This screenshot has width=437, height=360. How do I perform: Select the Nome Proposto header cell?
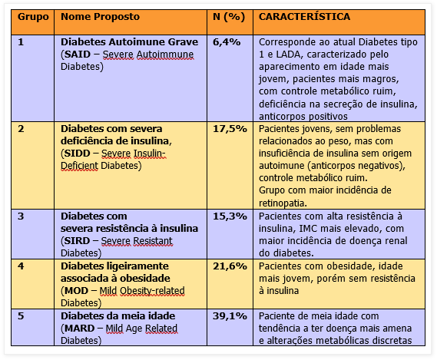pyautogui.click(x=97, y=16)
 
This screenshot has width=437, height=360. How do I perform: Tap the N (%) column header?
pyautogui.click(x=229, y=16)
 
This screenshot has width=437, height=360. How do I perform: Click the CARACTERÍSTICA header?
pyautogui.click(x=305, y=16)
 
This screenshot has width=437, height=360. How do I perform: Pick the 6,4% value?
pyautogui.click(x=227, y=41)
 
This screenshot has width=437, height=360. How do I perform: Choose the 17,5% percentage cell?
pyautogui.click(x=230, y=128)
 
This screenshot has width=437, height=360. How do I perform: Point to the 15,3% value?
pyautogui.click(x=230, y=216)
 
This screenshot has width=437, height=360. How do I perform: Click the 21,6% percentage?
pyautogui.click(x=230, y=266)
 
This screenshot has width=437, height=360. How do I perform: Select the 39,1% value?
pyautogui.click(x=230, y=315)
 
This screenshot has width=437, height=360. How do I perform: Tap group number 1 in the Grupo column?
pyautogui.click(x=22, y=41)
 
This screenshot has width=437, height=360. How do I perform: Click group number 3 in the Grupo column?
pyautogui.click(x=22, y=216)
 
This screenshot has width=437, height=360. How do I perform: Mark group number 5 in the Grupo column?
pyautogui.click(x=22, y=315)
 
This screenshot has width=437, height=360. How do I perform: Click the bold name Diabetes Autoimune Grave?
pyautogui.click(x=129, y=41)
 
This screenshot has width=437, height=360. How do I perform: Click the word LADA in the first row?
pyautogui.click(x=283, y=54)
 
